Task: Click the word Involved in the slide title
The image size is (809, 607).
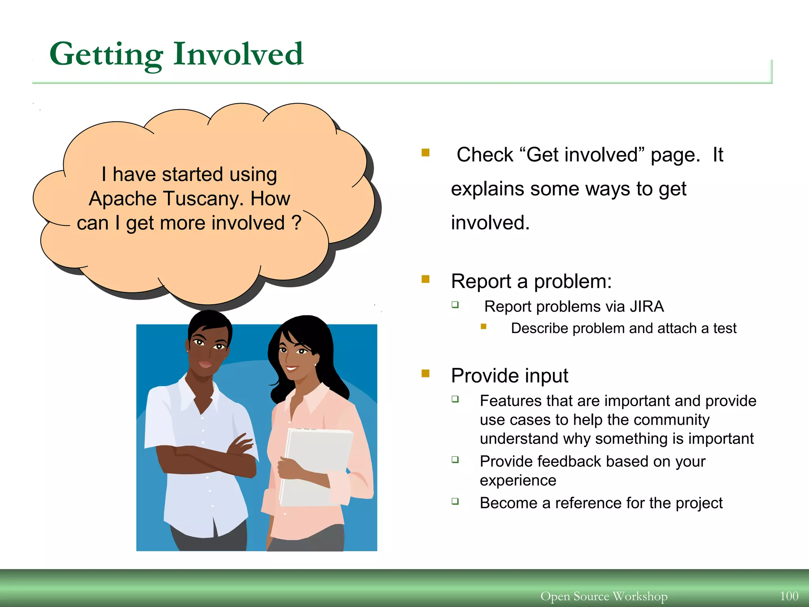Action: coord(238,54)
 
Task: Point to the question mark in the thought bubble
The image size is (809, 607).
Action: coord(296,222)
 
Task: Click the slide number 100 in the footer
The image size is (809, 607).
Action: coord(789,596)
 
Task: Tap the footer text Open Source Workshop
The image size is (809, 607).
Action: coord(604,596)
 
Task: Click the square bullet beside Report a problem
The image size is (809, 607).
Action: coord(425,279)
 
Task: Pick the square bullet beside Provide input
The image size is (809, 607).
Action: coord(425,373)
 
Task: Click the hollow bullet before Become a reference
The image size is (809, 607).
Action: coord(455,501)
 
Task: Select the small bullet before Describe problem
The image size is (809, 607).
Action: coord(484,326)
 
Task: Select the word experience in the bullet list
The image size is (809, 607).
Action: coord(518,481)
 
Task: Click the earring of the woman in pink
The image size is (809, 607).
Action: coord(316,364)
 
